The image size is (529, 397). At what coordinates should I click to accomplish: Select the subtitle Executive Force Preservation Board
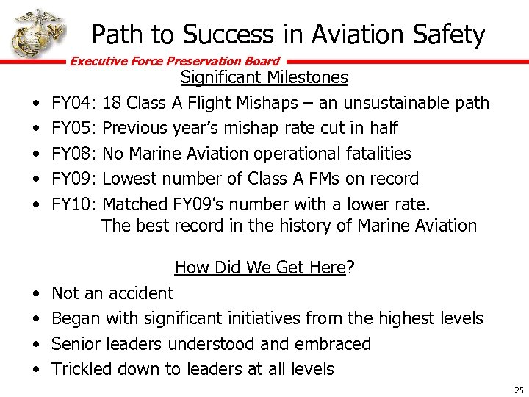coord(175,62)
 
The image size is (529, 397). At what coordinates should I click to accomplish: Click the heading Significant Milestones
coord(264,77)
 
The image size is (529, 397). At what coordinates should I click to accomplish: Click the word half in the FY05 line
coord(382,128)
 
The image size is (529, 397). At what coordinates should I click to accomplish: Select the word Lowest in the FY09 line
coord(131,179)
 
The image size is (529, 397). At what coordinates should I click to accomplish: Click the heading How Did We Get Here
coord(260,268)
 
